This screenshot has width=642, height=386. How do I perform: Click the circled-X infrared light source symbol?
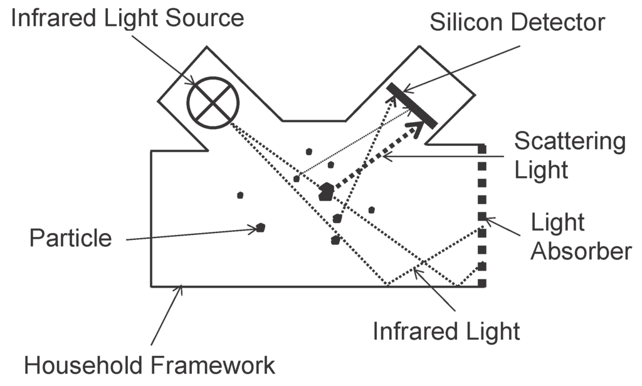coord(213,102)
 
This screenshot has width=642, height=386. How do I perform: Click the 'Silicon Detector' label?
coord(517,23)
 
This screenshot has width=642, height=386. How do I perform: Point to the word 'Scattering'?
coord(569,142)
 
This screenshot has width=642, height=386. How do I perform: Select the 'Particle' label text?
coord(70,237)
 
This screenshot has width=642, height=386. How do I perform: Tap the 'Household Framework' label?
coord(149,365)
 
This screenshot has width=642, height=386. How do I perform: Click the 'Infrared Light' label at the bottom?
coord(446,331)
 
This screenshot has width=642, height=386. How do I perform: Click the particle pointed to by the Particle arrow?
coord(260,227)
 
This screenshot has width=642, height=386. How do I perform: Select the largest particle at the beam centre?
coord(325,192)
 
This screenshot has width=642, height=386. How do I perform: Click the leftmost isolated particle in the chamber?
coord(240,195)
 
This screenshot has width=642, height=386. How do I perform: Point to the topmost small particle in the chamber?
coord(309,151)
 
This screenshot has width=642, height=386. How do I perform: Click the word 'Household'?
coord(85,365)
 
